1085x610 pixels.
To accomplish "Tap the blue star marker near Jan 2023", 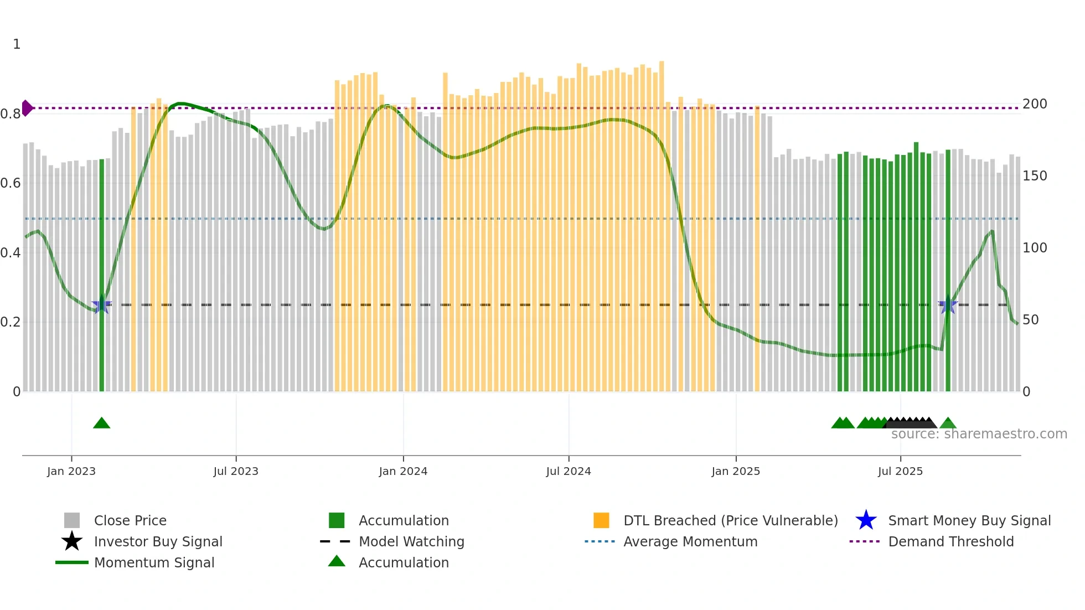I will point(101,305).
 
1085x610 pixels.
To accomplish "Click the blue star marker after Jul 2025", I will point(948,305).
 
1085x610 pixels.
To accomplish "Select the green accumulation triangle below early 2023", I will point(101,423).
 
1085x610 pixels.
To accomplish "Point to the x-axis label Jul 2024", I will point(569,472).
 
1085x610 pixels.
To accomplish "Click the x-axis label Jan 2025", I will point(736,472).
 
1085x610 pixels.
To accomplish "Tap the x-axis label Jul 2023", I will point(236,472).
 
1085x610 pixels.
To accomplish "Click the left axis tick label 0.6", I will point(11,183).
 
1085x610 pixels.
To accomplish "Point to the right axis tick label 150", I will point(1035,176).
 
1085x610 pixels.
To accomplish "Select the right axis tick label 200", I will point(1035,104).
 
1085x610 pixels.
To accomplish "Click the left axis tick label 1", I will point(17,44).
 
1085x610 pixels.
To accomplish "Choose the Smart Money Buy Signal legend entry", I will point(969,521).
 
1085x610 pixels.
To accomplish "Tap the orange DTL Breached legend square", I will point(601,521).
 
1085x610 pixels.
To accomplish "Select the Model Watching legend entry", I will point(411,542).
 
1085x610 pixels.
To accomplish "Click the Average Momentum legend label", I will point(690,542).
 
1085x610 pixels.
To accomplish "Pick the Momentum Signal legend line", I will point(72,563).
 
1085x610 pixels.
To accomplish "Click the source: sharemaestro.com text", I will point(979,434).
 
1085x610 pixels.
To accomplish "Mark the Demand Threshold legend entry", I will point(950,542).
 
